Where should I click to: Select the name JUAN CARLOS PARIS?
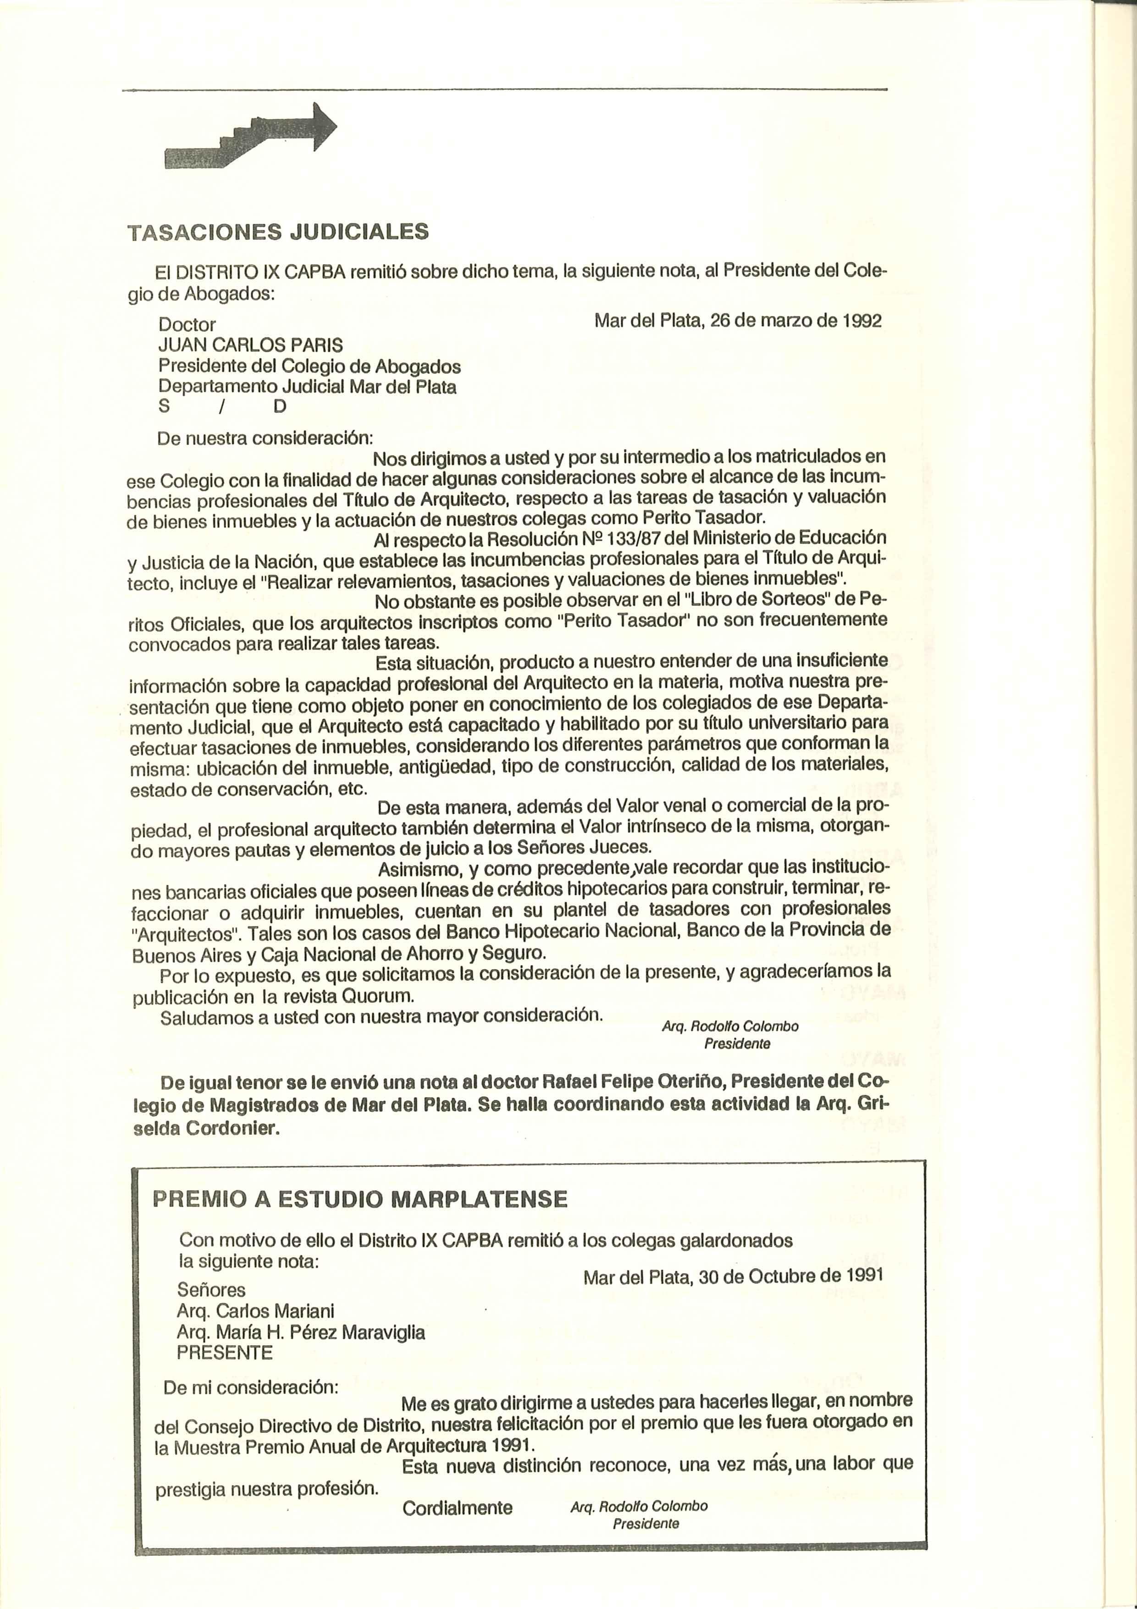[x=251, y=345]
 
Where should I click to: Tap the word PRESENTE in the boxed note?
[x=224, y=1353]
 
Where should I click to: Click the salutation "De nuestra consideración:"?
[x=265, y=438]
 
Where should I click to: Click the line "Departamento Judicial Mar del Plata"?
[x=307, y=387]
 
